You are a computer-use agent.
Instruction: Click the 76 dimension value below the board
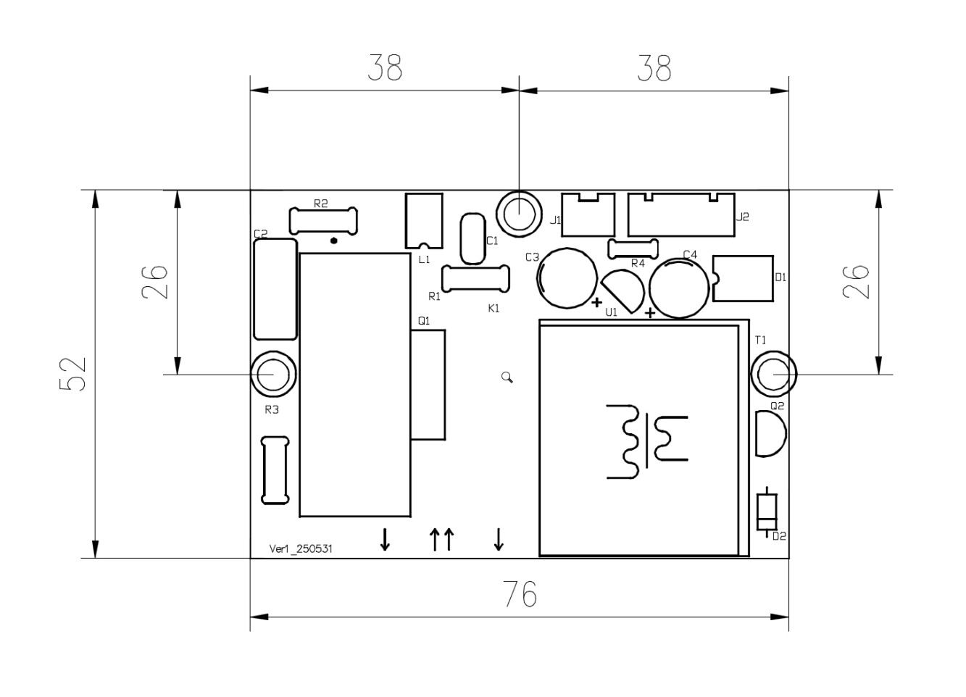(520, 594)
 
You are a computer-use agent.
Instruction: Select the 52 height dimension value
(72, 374)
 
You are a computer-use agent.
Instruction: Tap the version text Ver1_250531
(301, 548)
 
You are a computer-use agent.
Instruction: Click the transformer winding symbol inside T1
(647, 441)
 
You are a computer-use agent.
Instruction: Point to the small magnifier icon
(507, 377)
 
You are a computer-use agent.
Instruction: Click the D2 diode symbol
(767, 512)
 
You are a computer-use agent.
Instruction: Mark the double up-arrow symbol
(442, 539)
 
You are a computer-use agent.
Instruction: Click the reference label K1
(494, 309)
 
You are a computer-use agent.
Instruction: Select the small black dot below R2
(334, 241)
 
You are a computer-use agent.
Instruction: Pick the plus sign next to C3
(597, 303)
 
